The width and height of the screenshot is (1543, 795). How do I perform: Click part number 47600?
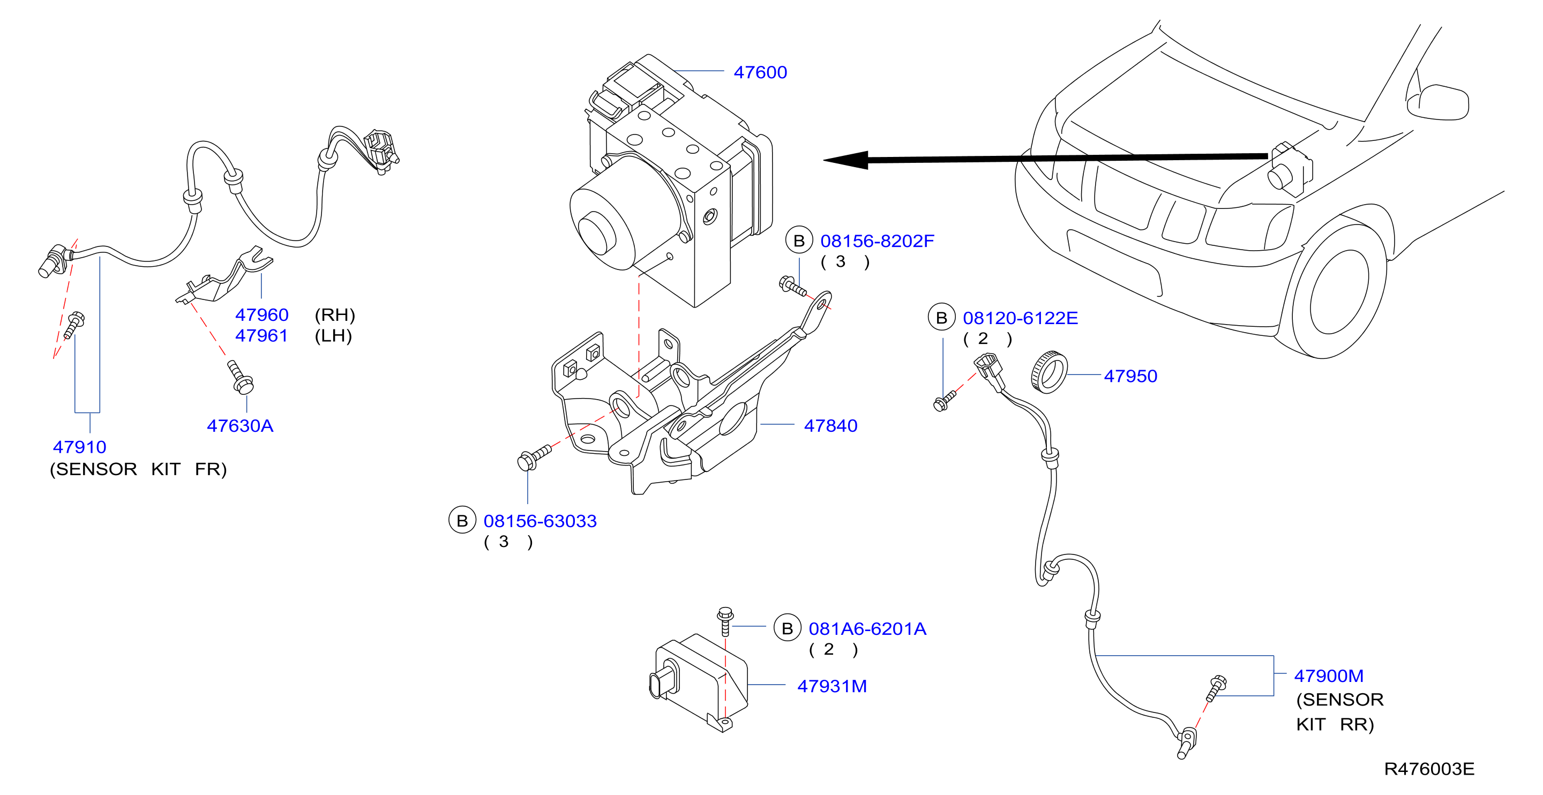click(x=760, y=72)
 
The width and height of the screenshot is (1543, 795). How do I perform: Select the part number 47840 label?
click(x=830, y=426)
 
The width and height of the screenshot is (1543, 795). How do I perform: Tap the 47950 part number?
click(x=1130, y=376)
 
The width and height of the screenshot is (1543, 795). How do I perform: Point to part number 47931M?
click(x=832, y=687)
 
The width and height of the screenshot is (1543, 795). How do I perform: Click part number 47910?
click(x=80, y=447)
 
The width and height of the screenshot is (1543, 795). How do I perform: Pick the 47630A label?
click(x=239, y=426)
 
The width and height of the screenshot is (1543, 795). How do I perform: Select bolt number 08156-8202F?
click(x=877, y=242)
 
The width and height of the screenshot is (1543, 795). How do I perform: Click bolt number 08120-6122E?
click(x=1020, y=318)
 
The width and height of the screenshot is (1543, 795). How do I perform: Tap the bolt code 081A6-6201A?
click(x=867, y=629)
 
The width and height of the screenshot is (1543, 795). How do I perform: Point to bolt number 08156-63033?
click(x=540, y=521)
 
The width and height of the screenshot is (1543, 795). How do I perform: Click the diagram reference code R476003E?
click(x=1429, y=769)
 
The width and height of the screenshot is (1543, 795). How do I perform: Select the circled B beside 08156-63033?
click(x=462, y=521)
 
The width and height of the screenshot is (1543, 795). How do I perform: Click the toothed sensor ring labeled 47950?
click(x=1050, y=373)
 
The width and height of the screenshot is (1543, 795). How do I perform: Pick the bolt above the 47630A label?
click(x=240, y=378)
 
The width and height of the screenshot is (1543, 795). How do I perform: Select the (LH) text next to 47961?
click(x=333, y=336)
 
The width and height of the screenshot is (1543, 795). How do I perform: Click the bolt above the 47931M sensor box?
click(x=725, y=621)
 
